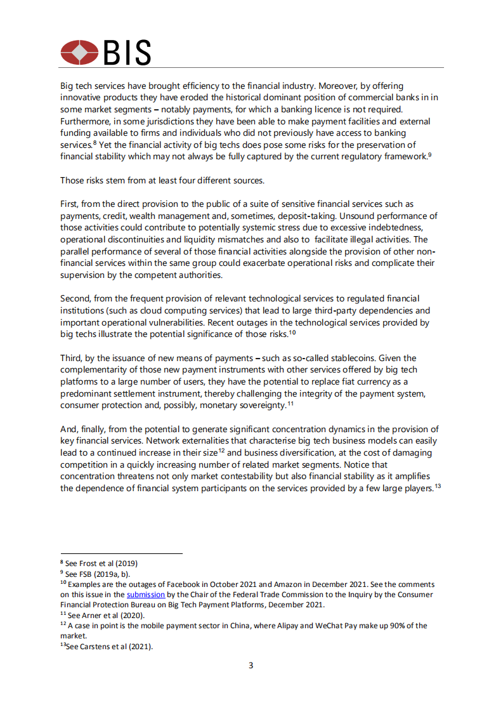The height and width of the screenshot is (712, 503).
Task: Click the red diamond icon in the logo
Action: tap(80, 52)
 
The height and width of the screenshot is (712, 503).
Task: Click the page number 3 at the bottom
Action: tap(251, 666)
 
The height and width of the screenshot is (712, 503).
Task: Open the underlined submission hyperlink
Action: tap(146, 595)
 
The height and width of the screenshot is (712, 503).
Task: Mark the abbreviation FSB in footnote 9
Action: tap(89, 574)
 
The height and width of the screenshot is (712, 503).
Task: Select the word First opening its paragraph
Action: tap(70, 204)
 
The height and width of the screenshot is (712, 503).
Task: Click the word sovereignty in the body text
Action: tap(261, 404)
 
